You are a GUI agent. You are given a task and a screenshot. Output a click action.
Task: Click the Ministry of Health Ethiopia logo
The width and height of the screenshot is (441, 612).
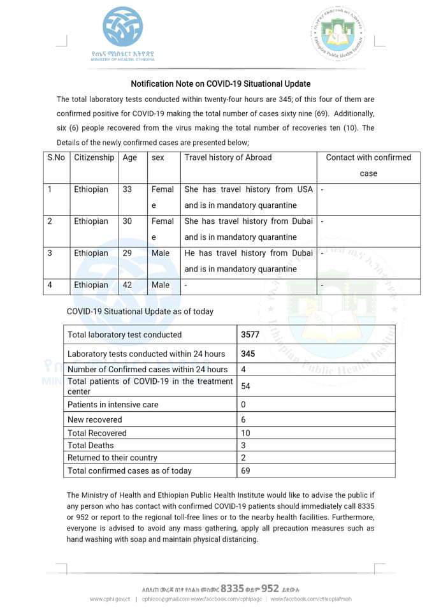122,33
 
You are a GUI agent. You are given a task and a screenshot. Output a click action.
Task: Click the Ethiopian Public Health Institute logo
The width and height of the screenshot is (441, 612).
338,35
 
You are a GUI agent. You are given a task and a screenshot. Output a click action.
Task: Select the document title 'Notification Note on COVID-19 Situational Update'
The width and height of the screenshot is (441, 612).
220,84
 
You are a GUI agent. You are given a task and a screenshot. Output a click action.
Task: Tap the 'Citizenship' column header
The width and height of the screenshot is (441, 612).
94,157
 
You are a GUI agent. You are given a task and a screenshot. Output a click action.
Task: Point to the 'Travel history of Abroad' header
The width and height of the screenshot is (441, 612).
228,157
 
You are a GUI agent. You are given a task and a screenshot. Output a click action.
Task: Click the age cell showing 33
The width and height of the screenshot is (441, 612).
127,189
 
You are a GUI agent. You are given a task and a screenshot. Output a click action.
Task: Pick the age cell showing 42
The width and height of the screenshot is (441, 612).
127,285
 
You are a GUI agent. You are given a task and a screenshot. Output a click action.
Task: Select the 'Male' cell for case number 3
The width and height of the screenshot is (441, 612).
161,253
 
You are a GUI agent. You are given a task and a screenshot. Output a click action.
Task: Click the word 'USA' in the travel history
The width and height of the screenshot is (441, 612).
304,189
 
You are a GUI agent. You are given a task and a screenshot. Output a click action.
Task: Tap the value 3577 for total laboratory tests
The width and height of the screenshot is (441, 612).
250,335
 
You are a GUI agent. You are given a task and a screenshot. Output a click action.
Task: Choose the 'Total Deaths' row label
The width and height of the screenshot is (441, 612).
90,445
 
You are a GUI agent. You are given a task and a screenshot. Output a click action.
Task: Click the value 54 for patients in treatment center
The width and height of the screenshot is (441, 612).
245,386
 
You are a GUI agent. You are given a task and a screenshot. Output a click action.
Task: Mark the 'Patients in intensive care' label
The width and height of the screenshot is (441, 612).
113,405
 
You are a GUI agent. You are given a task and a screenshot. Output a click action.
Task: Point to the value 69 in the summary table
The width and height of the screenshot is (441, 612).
245,470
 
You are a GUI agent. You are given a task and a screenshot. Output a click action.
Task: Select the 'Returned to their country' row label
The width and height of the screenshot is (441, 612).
112,458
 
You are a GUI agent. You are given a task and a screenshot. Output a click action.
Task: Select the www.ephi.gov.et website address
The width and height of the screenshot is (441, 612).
110,599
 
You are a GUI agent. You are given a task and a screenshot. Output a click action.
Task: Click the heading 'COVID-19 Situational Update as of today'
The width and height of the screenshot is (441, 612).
140,312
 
